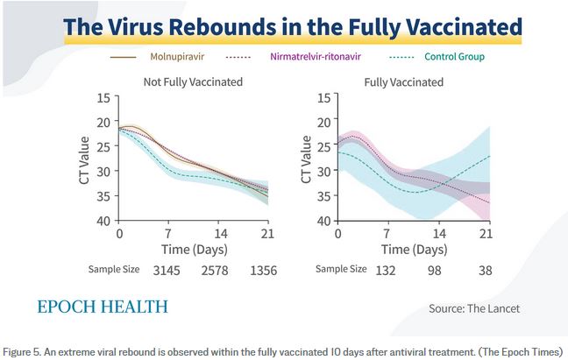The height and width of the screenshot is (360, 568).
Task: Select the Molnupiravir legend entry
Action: (x=183, y=57)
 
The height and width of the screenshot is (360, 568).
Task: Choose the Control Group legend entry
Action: (x=454, y=57)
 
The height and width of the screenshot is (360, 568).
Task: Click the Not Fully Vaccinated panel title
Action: (x=193, y=82)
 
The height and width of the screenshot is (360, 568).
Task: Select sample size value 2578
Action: (x=216, y=270)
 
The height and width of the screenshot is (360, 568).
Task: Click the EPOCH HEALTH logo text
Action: (x=103, y=307)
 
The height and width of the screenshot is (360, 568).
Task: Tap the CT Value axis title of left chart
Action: (x=85, y=159)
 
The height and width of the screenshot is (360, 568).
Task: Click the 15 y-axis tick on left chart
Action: (x=104, y=97)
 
